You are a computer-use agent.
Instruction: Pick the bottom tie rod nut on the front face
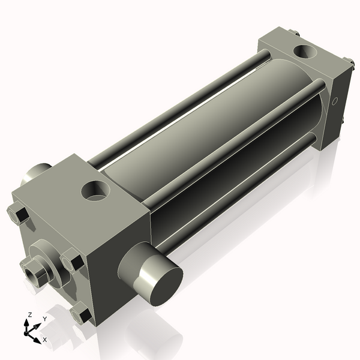(80, 313)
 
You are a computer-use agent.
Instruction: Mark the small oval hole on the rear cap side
(336, 100)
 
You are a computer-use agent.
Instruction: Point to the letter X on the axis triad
(45, 340)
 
